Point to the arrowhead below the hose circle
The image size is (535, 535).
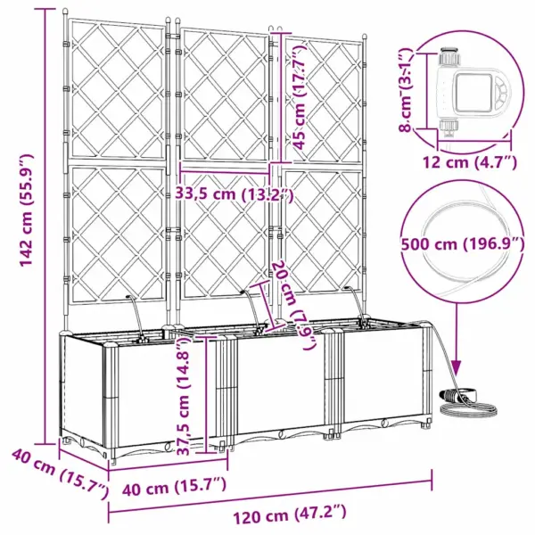tap(456, 366)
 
